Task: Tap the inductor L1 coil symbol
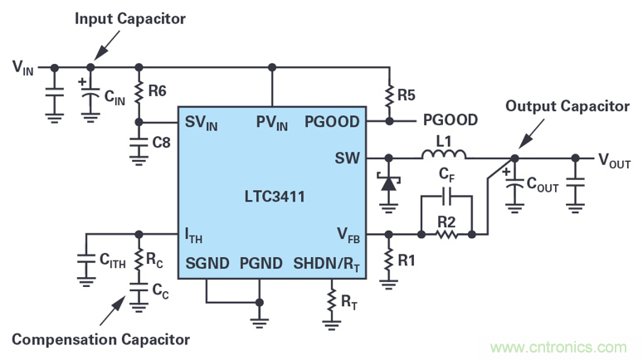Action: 444,154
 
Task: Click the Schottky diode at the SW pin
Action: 387,182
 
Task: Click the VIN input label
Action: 22,66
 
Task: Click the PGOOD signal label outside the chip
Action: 450,120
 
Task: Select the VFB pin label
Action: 347,236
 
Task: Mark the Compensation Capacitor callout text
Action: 100,338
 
